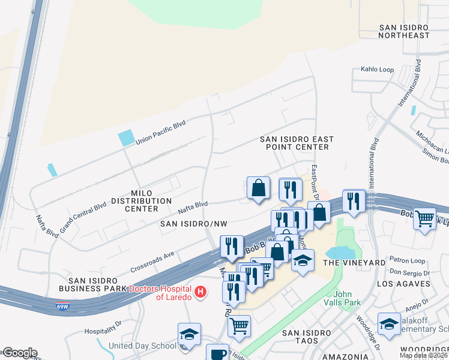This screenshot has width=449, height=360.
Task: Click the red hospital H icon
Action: coord(201,292)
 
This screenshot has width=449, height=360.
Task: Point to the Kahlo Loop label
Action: coord(377,70)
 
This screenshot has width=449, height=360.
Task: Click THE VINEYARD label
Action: coord(354,263)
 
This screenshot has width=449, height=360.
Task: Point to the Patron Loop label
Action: coord(407,261)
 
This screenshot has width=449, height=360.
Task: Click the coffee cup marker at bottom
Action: coord(217,353)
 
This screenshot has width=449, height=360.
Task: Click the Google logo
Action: coord(19,353)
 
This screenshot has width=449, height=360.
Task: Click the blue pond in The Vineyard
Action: coord(340,253)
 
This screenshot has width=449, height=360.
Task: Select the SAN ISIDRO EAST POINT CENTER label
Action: coord(297,143)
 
